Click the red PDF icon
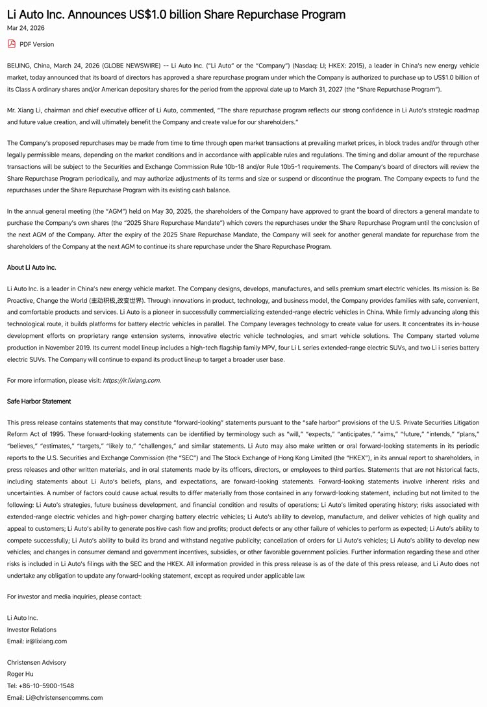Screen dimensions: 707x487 12,44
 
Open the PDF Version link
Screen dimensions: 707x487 37,44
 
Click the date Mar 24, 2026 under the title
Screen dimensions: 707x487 26,29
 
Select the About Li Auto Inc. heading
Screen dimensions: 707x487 32,268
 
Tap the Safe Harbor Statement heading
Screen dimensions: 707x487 39,402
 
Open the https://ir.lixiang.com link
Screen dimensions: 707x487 131,381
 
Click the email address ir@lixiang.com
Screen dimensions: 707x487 47,641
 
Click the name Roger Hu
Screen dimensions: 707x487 20,675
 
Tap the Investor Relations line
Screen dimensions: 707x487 32,630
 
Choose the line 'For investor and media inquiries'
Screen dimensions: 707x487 74,597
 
